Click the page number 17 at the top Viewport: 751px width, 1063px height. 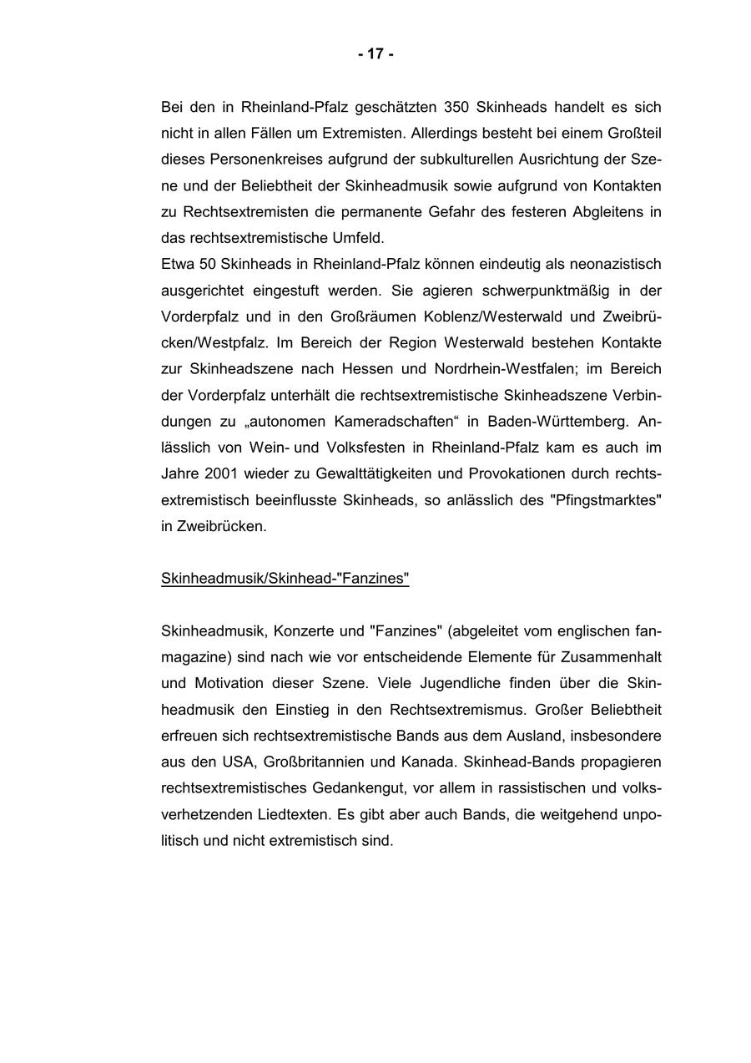coord(375,54)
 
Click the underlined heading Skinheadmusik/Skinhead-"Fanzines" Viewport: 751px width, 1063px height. coord(285,578)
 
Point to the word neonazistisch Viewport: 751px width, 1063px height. coord(615,264)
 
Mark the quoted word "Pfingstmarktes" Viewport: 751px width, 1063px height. coord(607,499)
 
